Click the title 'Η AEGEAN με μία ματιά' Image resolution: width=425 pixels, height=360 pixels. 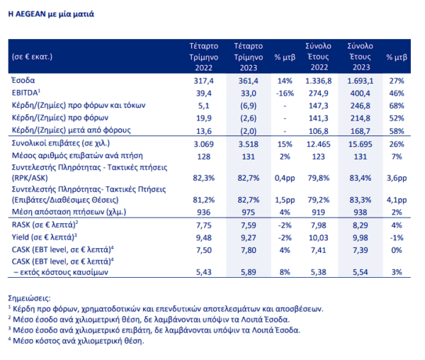pos(51,14)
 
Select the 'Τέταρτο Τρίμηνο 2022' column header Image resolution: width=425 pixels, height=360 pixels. pos(203,57)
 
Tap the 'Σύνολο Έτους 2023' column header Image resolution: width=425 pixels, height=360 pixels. pos(361,57)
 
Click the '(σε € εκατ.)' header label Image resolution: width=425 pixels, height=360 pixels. pos(32,57)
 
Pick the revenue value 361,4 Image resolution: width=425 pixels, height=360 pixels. pos(249,81)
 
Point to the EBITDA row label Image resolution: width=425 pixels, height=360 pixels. pos(26,93)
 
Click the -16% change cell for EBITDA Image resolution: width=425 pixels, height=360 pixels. pos(285,94)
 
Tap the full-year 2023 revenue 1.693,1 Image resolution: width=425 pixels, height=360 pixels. pos(361,81)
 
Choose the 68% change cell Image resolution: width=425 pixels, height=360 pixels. pos(397,106)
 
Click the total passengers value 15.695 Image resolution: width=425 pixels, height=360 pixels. pos(361,145)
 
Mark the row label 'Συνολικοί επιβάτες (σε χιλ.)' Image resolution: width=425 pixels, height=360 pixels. pos(61,143)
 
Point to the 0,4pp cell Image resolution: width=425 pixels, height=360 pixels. pos(285,178)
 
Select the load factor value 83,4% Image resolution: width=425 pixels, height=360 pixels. pos(361,178)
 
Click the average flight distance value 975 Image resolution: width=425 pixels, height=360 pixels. pos(249,212)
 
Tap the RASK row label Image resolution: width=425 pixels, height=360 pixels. pos(45,225)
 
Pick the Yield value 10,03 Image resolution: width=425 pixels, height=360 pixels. pos(319,237)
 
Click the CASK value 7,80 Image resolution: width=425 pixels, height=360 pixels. pos(249,250)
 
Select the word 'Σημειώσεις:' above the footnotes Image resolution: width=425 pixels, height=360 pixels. pos(29,298)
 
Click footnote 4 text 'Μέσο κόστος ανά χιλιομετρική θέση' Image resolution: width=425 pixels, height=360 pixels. pos(78,341)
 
